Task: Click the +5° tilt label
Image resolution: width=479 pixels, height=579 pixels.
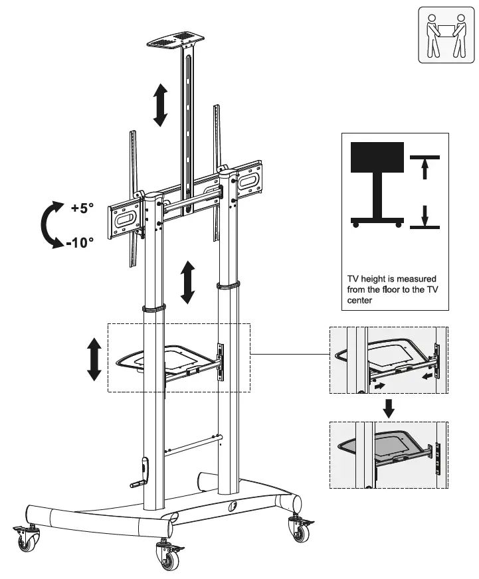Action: (82, 208)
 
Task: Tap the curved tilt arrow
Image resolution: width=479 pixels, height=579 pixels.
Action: (51, 226)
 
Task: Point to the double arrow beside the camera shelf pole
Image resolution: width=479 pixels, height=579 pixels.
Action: (160, 106)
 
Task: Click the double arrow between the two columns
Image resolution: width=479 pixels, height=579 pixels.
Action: (188, 282)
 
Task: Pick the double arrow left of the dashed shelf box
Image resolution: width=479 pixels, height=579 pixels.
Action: (94, 359)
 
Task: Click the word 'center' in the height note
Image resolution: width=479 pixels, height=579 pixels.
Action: (360, 301)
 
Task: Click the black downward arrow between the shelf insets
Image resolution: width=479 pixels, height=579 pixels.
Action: (389, 408)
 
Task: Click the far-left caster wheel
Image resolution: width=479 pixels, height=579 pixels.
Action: (27, 541)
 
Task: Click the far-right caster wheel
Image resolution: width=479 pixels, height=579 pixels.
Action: (296, 531)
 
